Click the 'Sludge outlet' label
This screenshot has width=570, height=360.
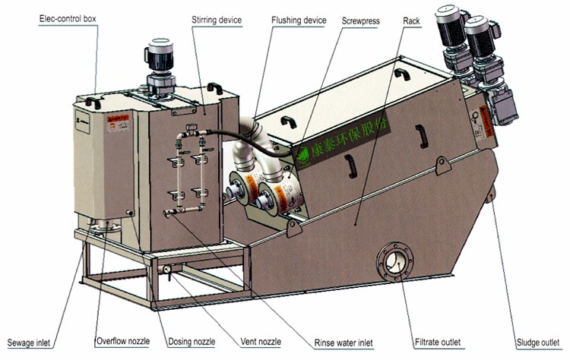(537, 343)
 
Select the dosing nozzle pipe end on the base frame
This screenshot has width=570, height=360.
(165, 269)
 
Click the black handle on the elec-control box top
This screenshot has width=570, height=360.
(93, 101)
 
